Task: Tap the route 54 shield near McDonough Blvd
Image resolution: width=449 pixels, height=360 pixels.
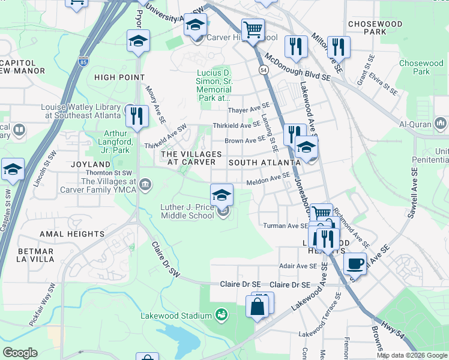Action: [264, 70]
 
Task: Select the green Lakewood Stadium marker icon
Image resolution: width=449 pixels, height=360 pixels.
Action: [222, 315]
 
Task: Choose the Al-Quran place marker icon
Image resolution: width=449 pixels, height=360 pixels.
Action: [441, 124]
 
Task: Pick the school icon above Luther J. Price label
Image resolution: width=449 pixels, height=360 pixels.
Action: [221, 194]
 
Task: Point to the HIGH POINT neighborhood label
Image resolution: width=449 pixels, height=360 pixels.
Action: [119, 77]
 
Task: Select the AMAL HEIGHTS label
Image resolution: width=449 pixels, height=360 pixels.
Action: [72, 233]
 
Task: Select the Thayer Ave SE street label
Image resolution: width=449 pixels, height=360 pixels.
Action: [249, 110]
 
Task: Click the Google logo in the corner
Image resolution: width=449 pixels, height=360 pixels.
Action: [20, 353]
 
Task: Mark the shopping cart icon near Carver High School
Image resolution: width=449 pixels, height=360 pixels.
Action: [253, 28]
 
